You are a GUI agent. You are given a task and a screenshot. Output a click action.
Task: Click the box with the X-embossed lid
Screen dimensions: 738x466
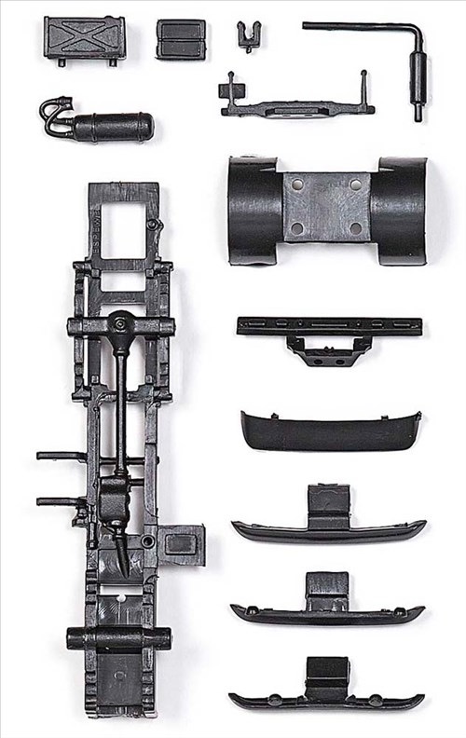pyautogui.click(x=83, y=38)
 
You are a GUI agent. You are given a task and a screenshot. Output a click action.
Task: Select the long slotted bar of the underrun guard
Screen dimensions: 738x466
pyautogui.click(x=329, y=325)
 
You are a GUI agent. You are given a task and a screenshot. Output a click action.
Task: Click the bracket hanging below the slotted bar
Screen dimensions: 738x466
pyautogui.click(x=329, y=350)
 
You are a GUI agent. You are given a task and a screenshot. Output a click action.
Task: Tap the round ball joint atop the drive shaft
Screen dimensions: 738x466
pyautogui.click(x=119, y=323)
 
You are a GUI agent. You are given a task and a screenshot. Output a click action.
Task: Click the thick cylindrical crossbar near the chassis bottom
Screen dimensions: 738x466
pyautogui.click(x=118, y=638)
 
